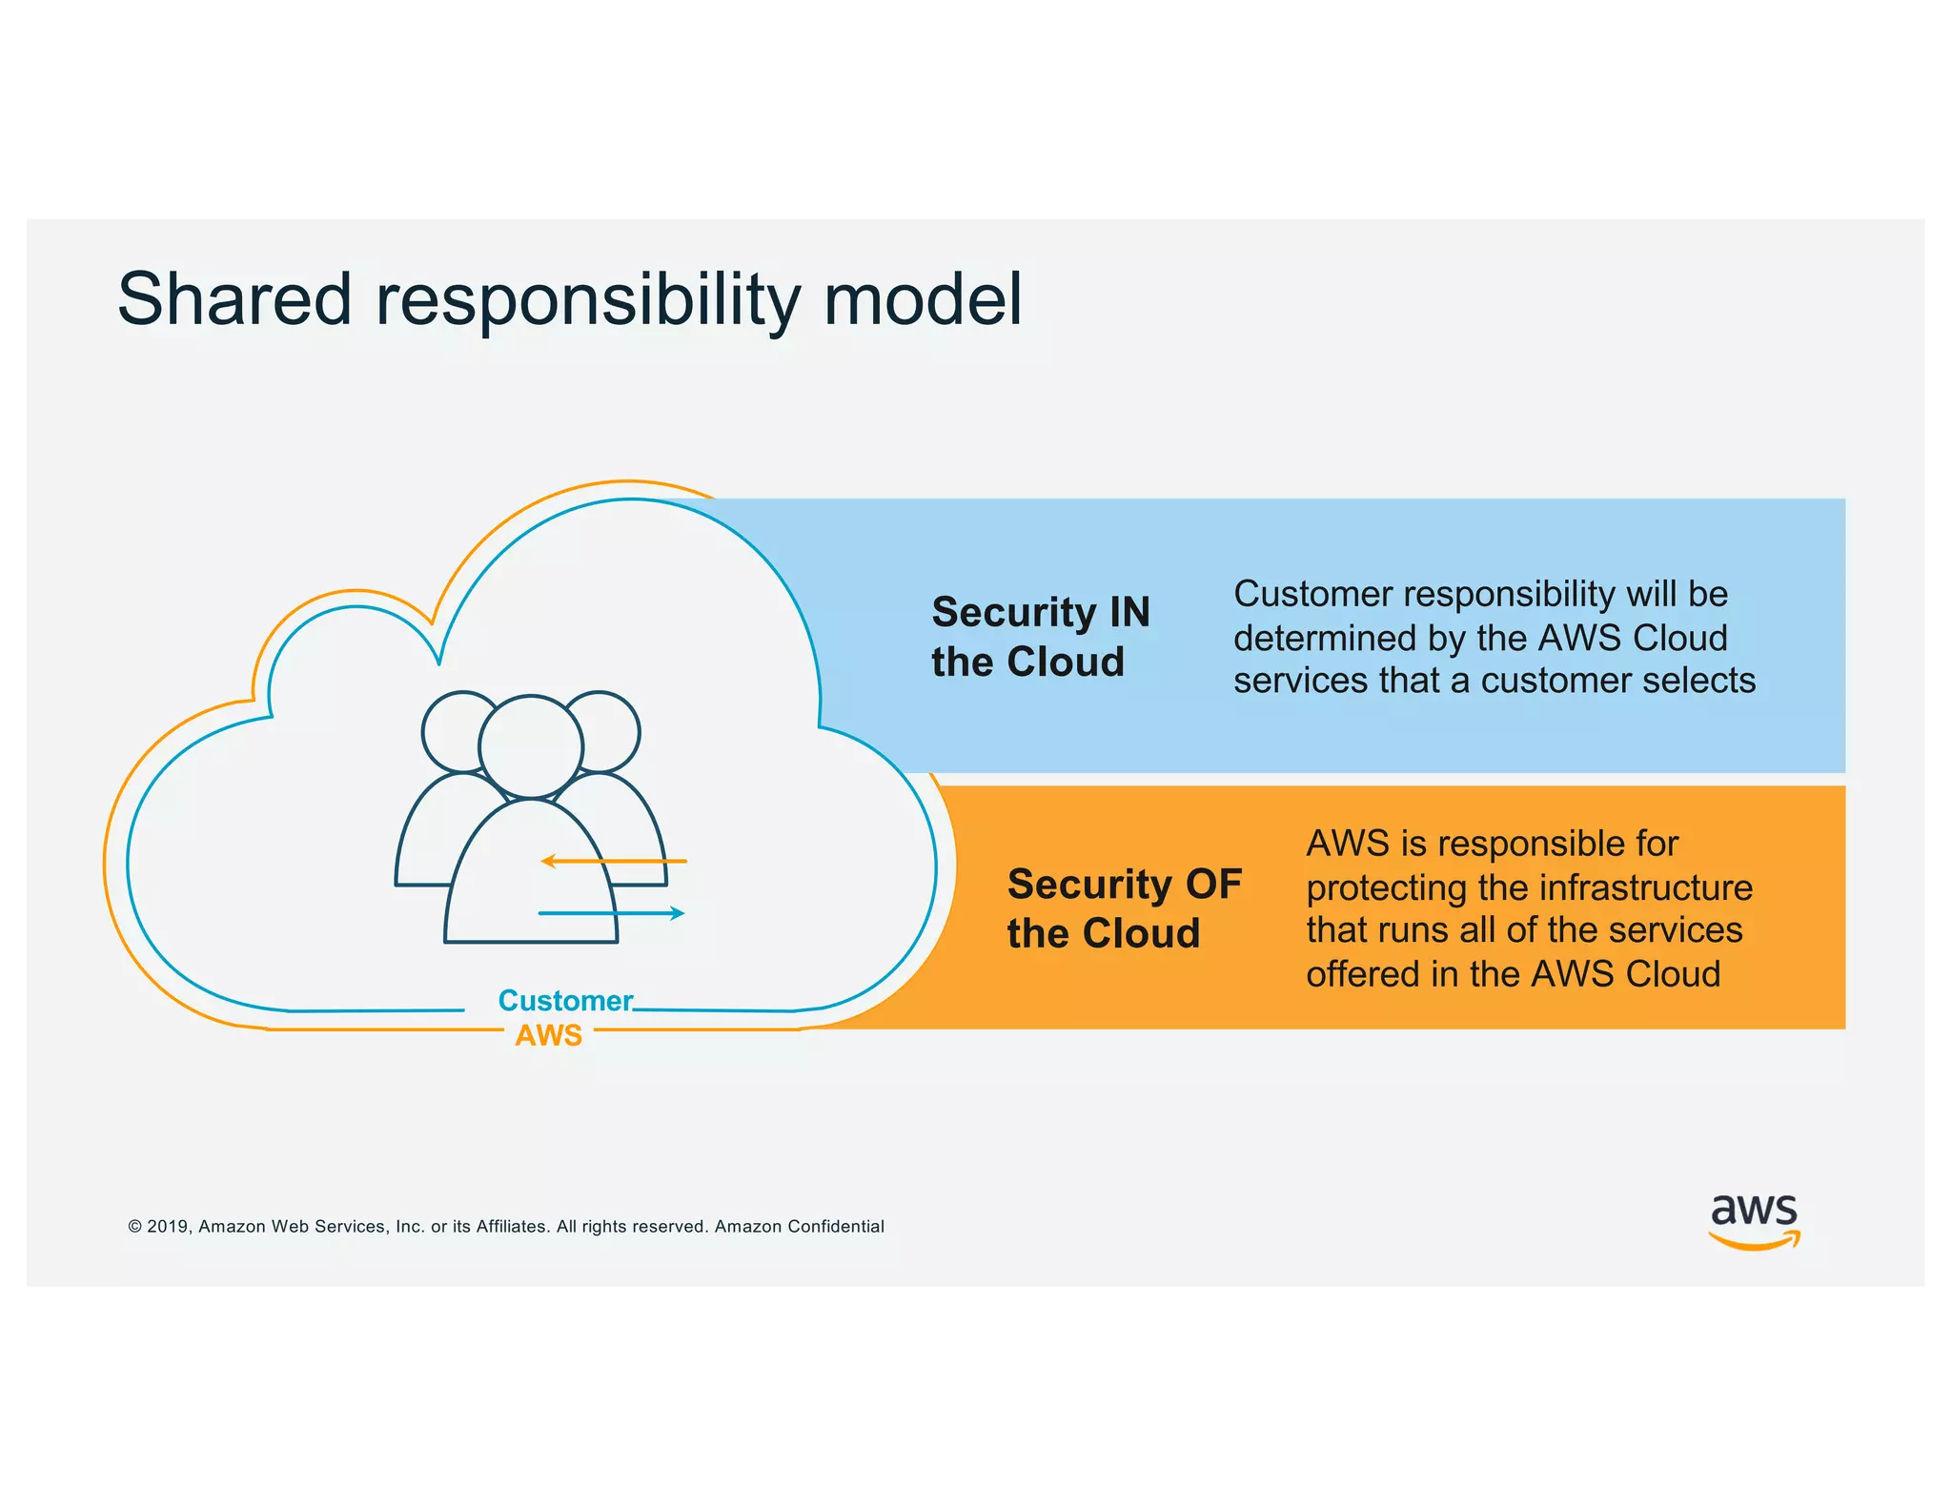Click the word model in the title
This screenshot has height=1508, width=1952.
(922, 299)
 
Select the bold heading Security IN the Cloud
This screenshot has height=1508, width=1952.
(1040, 637)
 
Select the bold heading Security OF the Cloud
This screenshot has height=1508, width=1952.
(1124, 908)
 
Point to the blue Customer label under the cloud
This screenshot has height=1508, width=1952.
(565, 1001)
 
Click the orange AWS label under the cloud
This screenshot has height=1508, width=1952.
(548, 1035)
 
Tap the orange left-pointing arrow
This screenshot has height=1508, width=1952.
(613, 862)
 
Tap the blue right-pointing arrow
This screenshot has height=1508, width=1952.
(612, 913)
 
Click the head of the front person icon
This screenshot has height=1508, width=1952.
(531, 746)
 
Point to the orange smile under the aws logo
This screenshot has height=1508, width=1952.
(1754, 1241)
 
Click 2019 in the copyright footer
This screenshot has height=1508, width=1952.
(169, 1227)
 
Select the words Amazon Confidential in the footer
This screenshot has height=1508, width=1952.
(799, 1227)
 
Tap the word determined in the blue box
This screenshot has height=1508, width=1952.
(1320, 638)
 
